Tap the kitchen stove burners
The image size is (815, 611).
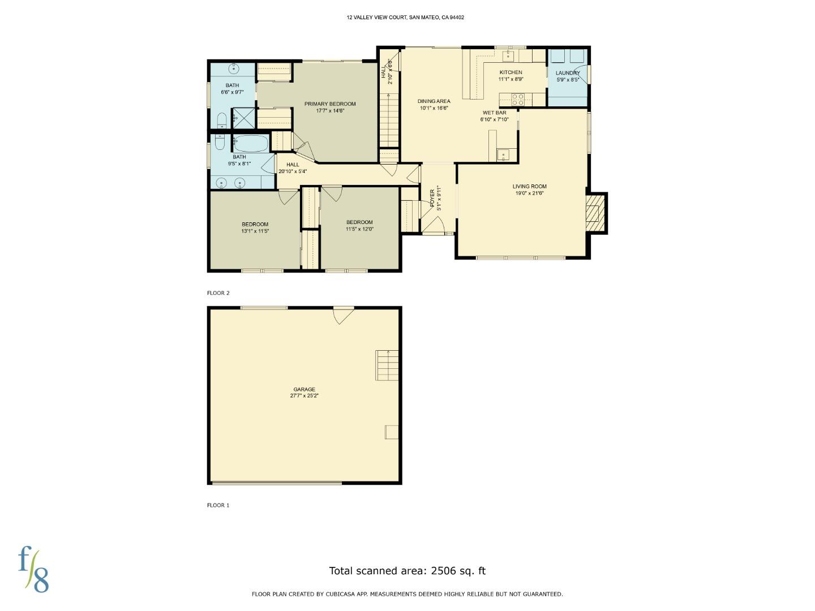pyautogui.click(x=518, y=100)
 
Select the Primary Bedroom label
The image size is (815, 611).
pyautogui.click(x=330, y=104)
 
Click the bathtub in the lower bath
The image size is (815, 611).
pyautogui.click(x=250, y=144)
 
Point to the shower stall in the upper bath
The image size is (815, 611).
pyautogui.click(x=243, y=118)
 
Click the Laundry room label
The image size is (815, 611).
pyautogui.click(x=568, y=73)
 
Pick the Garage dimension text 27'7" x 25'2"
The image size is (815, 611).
pyautogui.click(x=304, y=395)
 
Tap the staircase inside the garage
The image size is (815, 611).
pyautogui.click(x=387, y=365)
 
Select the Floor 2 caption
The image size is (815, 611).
pyautogui.click(x=218, y=292)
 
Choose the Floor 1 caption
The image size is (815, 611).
pyautogui.click(x=218, y=505)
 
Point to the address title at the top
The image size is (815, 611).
pyautogui.click(x=405, y=18)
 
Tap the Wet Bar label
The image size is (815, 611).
pyautogui.click(x=495, y=113)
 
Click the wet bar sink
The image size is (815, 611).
pyautogui.click(x=503, y=154)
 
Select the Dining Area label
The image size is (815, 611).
pyautogui.click(x=434, y=101)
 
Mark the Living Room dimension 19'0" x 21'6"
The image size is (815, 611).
pyautogui.click(x=530, y=193)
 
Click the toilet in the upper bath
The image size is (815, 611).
pyautogui.click(x=222, y=120)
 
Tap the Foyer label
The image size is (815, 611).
pyautogui.click(x=432, y=198)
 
